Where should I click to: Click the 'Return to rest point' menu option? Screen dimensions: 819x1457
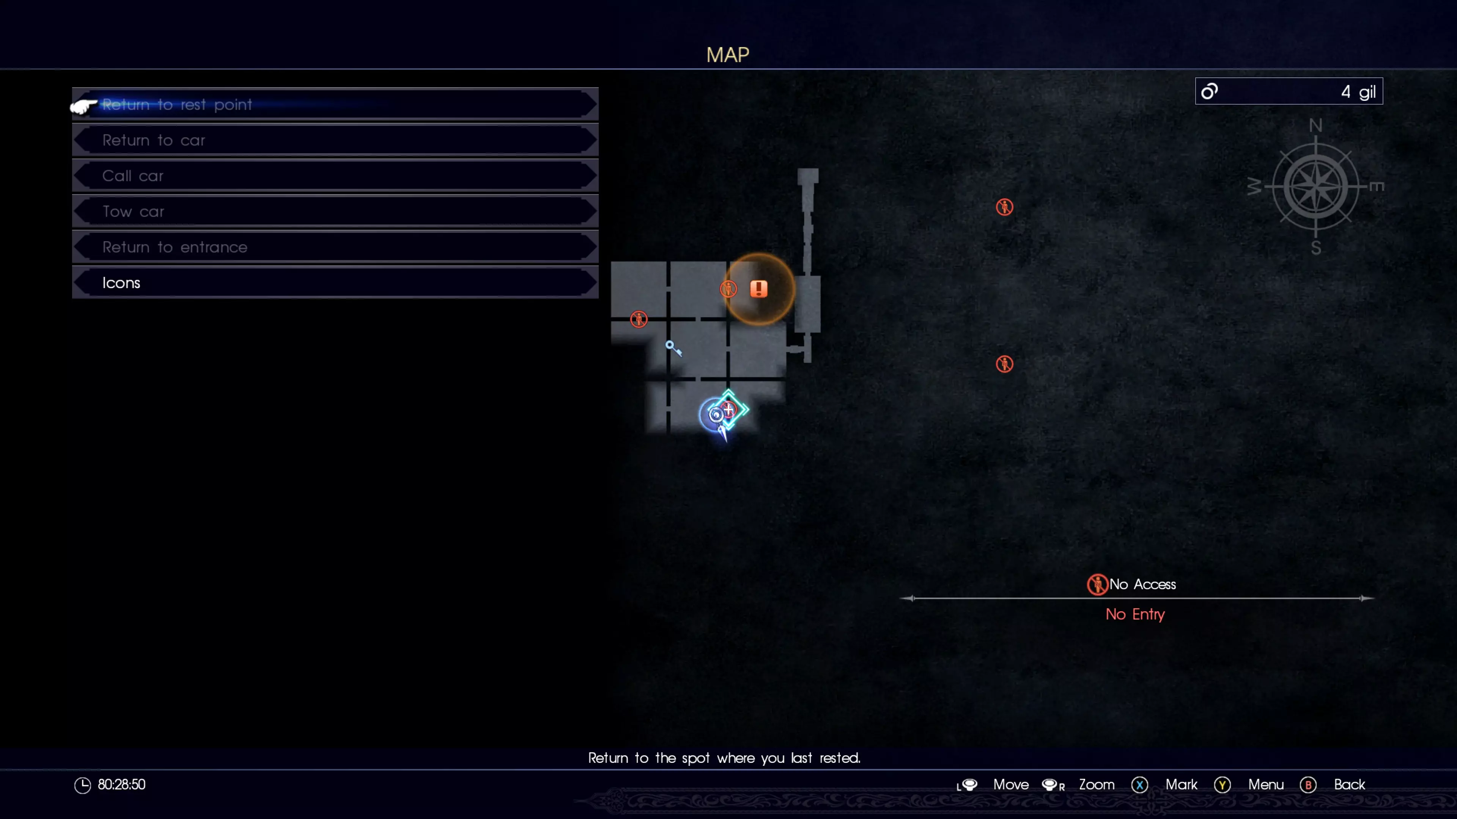[335, 105]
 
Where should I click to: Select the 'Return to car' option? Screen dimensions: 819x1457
[335, 140]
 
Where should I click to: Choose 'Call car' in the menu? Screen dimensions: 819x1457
[335, 176]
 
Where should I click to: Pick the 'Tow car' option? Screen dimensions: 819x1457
[335, 212]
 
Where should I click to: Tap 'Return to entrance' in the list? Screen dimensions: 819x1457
[335, 247]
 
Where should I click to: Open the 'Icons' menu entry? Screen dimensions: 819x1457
[335, 282]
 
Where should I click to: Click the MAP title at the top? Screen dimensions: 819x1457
[727, 55]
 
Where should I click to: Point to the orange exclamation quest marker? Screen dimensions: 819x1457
[758, 289]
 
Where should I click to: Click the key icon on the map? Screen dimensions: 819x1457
[673, 348]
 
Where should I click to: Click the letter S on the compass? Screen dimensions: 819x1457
[1315, 248]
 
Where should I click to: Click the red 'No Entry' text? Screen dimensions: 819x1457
[1134, 614]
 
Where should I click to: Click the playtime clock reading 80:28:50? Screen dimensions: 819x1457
[121, 784]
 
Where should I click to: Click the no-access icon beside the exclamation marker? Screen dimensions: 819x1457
[728, 289]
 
